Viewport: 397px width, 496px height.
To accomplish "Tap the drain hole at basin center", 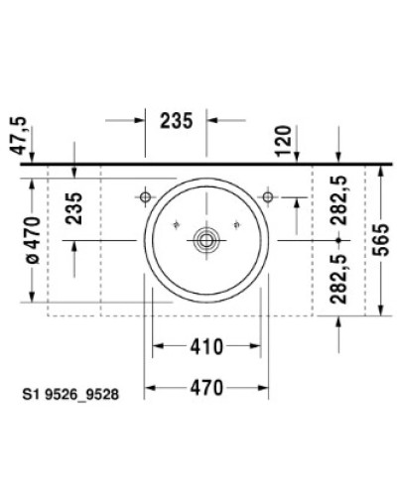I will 207,239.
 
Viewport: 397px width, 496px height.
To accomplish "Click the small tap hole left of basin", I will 147,198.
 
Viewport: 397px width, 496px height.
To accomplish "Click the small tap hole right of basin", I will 268,198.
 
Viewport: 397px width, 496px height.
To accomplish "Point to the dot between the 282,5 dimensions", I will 338,240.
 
